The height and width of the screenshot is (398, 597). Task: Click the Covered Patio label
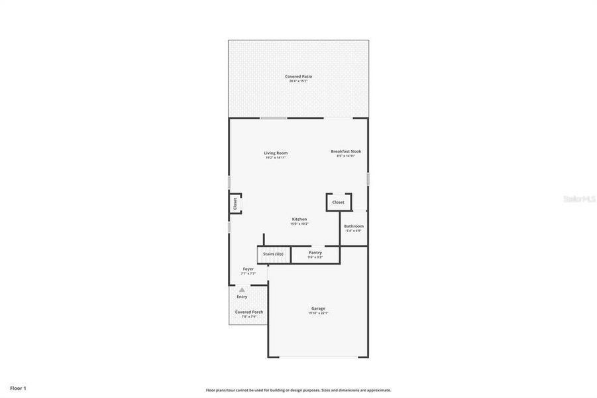(298, 76)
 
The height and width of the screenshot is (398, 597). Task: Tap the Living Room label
(276, 153)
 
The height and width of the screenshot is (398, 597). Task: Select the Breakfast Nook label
(346, 151)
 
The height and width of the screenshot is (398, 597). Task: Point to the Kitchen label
(299, 220)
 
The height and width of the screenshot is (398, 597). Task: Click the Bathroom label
(353, 226)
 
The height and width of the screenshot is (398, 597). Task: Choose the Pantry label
(315, 252)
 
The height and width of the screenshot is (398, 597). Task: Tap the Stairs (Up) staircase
(272, 254)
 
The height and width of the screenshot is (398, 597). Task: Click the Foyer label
(248, 269)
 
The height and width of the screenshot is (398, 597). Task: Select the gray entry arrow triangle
(242, 290)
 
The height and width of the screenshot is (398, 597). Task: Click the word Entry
(242, 297)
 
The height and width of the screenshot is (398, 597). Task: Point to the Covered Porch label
(248, 312)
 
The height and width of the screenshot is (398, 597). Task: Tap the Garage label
(318, 308)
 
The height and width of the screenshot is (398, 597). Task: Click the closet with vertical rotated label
(235, 204)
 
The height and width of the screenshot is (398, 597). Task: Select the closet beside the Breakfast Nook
(338, 202)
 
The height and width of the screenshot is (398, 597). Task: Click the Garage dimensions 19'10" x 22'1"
(318, 313)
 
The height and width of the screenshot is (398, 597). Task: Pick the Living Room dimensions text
(276, 158)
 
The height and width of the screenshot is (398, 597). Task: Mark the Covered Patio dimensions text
(298, 81)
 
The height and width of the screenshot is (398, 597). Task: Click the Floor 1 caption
(18, 387)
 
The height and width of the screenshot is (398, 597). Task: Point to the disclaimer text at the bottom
(298, 390)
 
